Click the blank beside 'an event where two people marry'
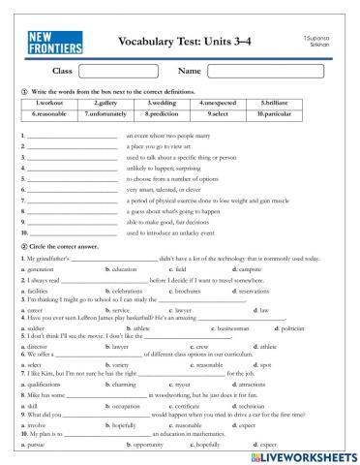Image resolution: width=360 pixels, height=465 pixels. pos(73,138)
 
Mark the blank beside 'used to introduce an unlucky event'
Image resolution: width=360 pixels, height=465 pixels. pos(73,233)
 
